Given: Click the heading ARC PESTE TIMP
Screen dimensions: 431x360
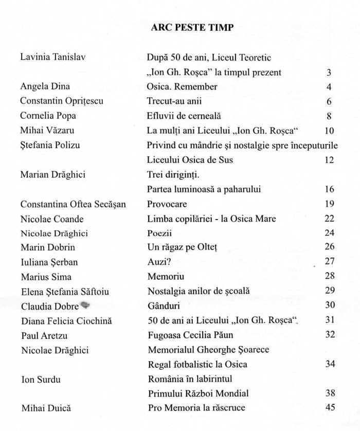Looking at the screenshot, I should pos(192,28).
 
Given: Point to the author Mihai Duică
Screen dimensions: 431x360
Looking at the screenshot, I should pos(46,409).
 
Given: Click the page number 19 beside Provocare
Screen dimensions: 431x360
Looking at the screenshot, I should pos(330,204).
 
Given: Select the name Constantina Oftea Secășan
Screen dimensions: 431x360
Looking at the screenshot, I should pos(73,204).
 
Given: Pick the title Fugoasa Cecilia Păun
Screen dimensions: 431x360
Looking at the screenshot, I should pos(190,335).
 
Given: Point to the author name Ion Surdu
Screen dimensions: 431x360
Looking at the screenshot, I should pos(41,380).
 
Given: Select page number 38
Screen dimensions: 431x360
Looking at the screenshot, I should pos(330,393).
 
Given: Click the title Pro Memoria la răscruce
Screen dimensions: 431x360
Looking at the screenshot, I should pos(196,408).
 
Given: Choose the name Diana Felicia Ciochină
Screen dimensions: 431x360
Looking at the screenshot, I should pos(66,321).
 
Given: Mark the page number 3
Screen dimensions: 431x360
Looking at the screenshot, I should pos(329,73).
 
